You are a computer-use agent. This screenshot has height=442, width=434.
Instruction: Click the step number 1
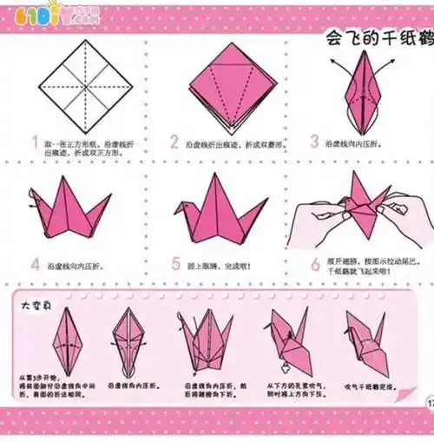pos(33,141)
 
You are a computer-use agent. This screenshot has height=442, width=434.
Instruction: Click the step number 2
pos(174,142)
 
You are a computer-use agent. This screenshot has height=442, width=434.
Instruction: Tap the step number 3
pos(314,142)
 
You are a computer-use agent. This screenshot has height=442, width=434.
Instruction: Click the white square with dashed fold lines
pos(86,86)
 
